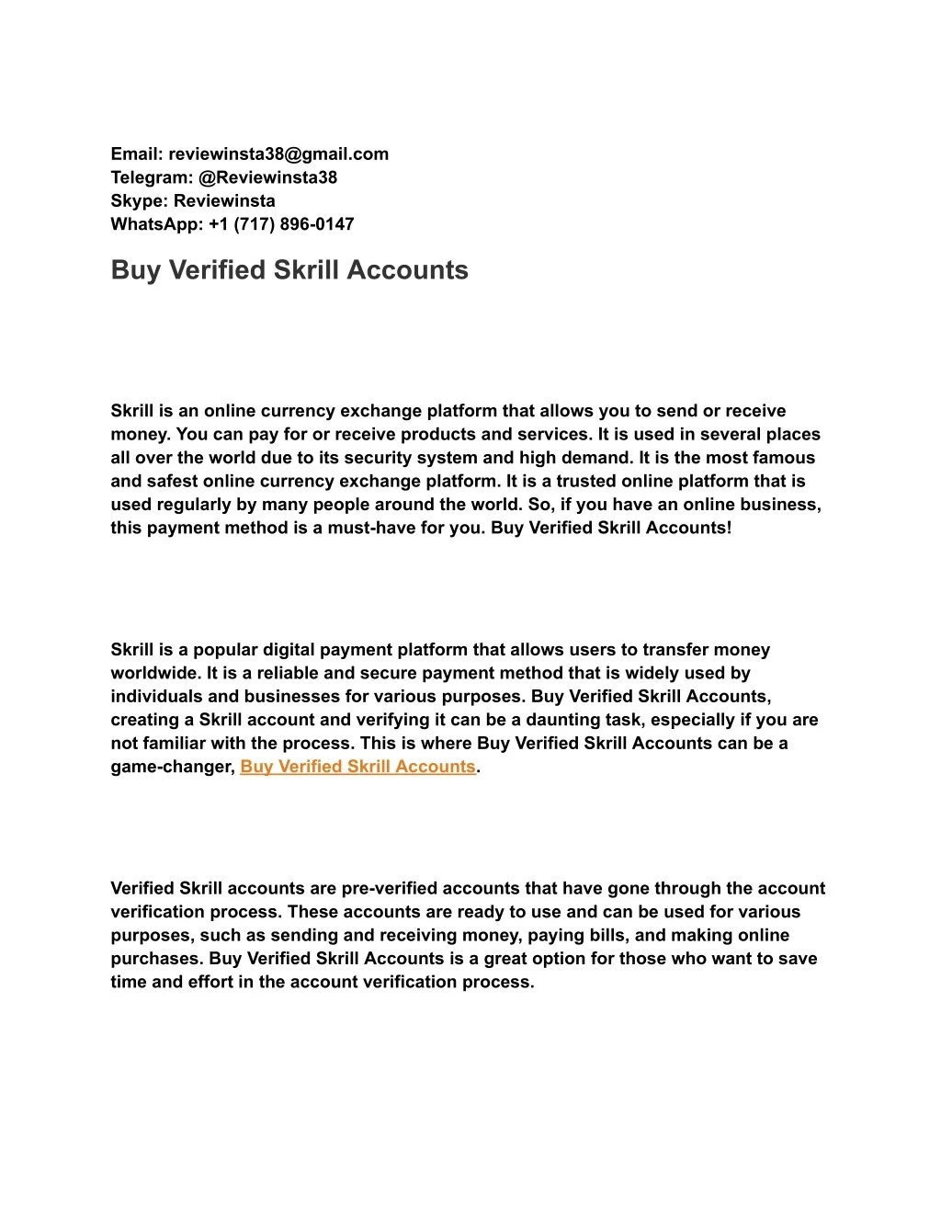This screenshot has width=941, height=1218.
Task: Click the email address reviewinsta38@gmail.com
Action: pyautogui.click(x=278, y=154)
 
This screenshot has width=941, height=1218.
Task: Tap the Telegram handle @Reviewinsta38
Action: pyautogui.click(x=267, y=177)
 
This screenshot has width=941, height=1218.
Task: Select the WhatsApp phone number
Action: pyautogui.click(x=281, y=224)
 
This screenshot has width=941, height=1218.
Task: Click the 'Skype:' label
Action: pyautogui.click(x=140, y=201)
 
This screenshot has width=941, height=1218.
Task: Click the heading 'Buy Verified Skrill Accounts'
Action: pyautogui.click(x=289, y=270)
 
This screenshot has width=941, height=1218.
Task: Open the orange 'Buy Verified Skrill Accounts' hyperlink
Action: pyautogui.click(x=357, y=767)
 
